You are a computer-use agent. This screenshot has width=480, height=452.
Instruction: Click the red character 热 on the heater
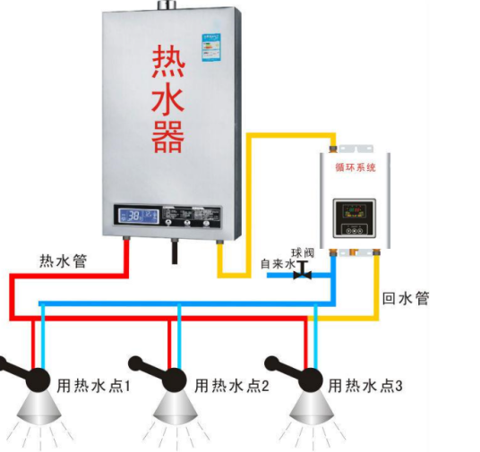[167, 64]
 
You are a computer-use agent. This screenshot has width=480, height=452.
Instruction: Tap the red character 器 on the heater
[167, 136]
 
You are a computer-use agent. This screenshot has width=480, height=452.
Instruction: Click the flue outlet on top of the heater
[167, 6]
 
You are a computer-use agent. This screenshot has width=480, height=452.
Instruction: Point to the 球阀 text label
[302, 253]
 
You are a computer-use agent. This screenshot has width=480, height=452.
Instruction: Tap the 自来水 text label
[275, 265]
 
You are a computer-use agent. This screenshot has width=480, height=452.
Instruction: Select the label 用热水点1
[94, 387]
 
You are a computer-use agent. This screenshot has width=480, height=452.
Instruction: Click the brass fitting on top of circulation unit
[334, 144]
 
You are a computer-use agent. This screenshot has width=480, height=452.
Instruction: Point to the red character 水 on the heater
[167, 100]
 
